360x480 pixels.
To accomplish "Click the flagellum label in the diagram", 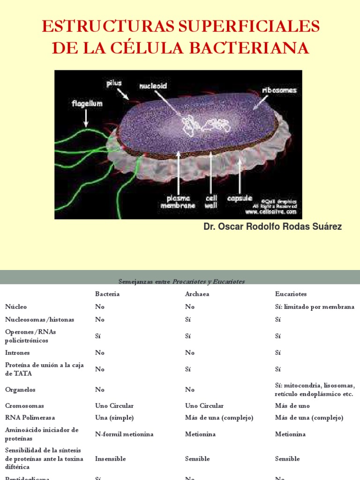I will click(87, 103).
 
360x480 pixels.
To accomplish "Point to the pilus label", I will click(114, 83).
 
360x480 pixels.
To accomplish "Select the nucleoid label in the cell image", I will click(153, 86).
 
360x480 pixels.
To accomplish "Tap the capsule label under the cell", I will click(240, 198).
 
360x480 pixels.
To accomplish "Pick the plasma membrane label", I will click(179, 201).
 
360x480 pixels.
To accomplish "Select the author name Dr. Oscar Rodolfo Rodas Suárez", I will click(272, 227).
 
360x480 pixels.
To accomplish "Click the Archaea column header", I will click(197, 294).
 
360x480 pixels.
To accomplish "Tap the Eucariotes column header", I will click(291, 294).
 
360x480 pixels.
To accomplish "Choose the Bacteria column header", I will click(107, 294).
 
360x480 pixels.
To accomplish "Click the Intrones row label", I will click(17, 352).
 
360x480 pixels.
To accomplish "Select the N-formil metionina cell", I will click(124, 434).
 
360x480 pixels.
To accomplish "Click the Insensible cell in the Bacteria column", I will click(111, 459).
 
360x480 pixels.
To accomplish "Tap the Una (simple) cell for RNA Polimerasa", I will click(114, 418).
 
